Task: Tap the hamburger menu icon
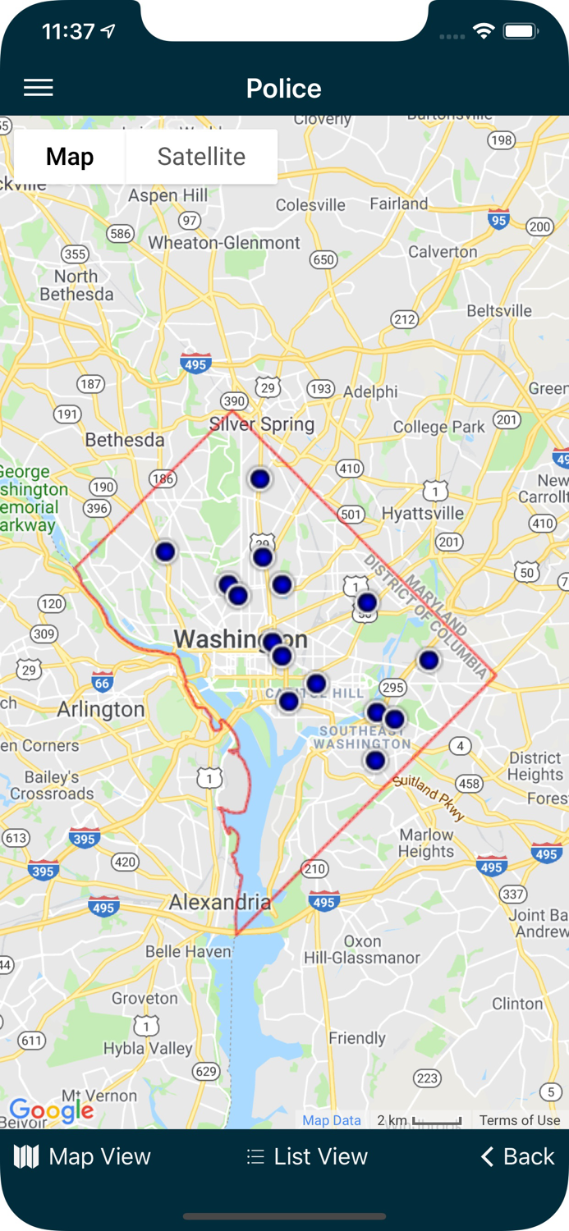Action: (x=39, y=88)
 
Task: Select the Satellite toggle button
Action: (x=201, y=157)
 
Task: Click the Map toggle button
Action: (x=70, y=157)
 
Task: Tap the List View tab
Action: (x=307, y=1156)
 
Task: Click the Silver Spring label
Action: (x=262, y=424)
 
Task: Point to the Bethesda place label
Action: (x=125, y=440)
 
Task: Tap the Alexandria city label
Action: (x=219, y=903)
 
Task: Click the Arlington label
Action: (x=100, y=709)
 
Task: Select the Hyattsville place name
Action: (x=423, y=514)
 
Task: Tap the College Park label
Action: (x=439, y=427)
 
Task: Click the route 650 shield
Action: (x=324, y=260)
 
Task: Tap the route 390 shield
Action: (x=234, y=401)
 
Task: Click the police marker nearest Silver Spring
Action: (x=260, y=478)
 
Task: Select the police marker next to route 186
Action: (x=165, y=551)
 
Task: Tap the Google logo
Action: (x=51, y=1110)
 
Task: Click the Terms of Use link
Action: (x=520, y=1120)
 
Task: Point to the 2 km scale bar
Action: (x=420, y=1120)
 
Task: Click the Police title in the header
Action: (x=284, y=89)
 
